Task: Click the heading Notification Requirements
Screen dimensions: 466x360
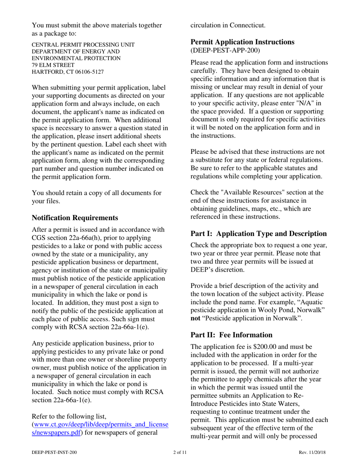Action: pyautogui.click(x=75, y=218)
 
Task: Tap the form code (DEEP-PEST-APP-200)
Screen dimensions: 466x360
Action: pyautogui.click(x=223, y=49)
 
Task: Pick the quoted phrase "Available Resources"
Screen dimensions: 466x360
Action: pyautogui.click(x=237, y=192)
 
